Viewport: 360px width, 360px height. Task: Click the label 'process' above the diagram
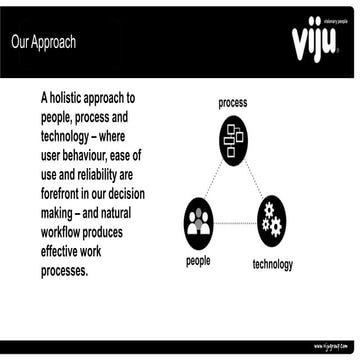pyautogui.click(x=232, y=103)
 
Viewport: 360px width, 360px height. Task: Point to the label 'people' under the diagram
pyautogui.click(x=198, y=261)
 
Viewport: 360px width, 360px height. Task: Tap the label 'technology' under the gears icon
pyautogui.click(x=273, y=264)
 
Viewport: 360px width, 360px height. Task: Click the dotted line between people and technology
pyautogui.click(x=236, y=220)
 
